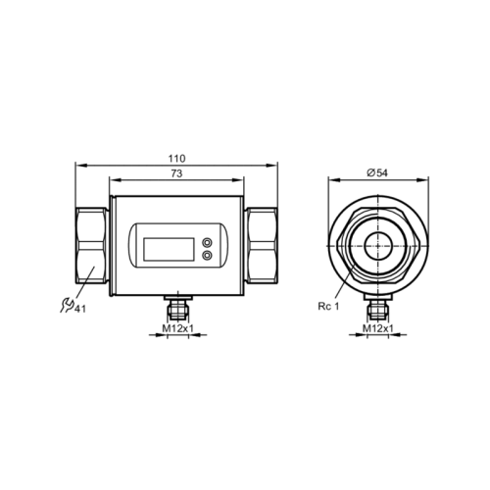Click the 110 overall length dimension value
point(176,158)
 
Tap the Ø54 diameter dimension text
point(377,172)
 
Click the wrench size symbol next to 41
point(67,307)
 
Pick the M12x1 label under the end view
point(377,329)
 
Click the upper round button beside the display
point(208,240)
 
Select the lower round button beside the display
point(208,255)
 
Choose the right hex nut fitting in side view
point(262,246)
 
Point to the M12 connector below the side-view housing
point(177,307)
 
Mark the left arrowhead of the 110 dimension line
point(79,166)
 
